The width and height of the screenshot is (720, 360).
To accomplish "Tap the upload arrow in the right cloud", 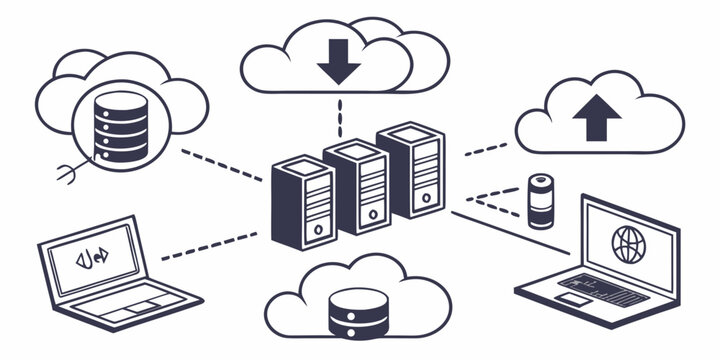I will [x=596, y=119].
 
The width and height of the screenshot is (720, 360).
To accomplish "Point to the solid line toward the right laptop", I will [x=500, y=230].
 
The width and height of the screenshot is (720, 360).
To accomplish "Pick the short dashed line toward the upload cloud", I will [x=486, y=149].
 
